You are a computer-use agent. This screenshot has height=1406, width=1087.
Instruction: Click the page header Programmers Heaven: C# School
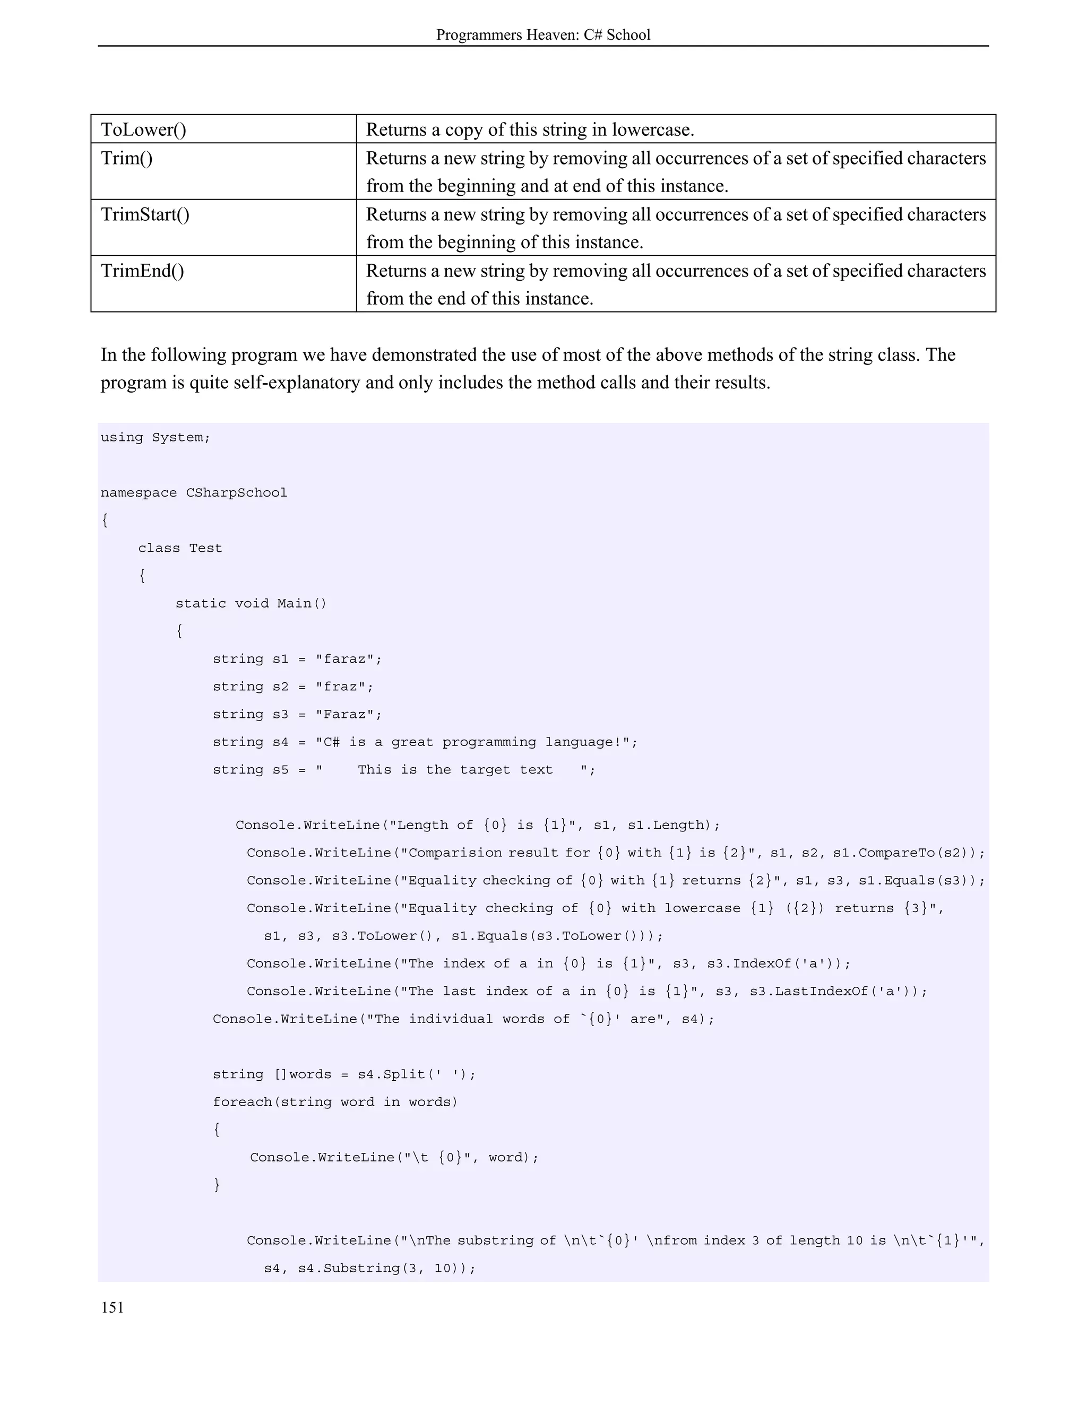(x=543, y=35)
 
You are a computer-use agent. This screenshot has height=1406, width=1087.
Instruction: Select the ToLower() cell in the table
(x=144, y=130)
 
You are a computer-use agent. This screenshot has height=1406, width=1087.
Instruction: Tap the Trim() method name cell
(x=127, y=158)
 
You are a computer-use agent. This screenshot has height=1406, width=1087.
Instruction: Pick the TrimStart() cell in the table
(x=145, y=214)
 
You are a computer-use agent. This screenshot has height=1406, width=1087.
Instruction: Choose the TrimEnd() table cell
(x=142, y=271)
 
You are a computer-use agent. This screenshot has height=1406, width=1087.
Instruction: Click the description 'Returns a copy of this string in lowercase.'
(x=530, y=130)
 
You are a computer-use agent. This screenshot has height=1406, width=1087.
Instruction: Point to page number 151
(x=112, y=1307)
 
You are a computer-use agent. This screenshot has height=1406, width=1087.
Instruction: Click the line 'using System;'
(x=155, y=438)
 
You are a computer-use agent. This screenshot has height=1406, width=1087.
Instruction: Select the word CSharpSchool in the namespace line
(x=236, y=493)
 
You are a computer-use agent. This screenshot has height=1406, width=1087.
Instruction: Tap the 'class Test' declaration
(x=180, y=549)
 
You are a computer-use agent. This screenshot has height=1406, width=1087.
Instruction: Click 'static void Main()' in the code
(x=251, y=604)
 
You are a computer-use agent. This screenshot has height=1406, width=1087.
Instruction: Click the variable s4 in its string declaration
(x=280, y=742)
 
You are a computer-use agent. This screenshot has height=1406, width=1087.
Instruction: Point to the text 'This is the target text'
(x=455, y=770)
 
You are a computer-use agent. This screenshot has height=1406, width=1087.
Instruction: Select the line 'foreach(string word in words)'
(x=335, y=1102)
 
